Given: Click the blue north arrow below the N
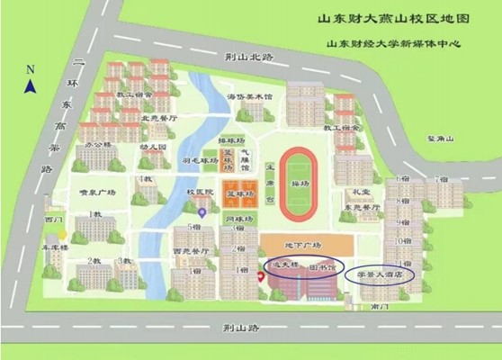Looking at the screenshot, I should [x=30, y=85].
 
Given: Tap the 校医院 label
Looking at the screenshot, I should [x=199, y=193].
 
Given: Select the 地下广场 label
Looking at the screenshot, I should [x=304, y=245].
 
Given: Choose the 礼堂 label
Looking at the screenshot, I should [x=363, y=192].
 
